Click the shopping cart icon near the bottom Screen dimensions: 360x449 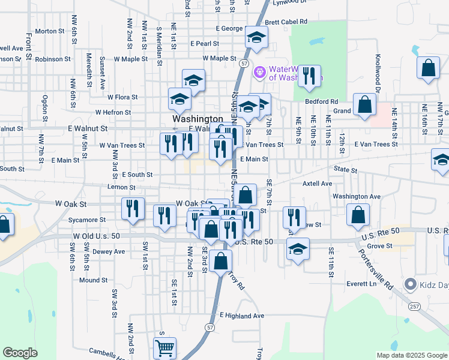(164, 347)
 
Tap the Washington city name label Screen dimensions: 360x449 (198, 119)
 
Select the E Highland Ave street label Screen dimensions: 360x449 (242, 316)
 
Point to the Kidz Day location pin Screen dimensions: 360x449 (411, 283)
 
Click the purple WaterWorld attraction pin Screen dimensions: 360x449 (259, 72)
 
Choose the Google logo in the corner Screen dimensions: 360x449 (20, 353)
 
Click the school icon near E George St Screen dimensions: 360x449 (256, 38)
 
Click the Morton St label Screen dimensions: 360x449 (50, 31)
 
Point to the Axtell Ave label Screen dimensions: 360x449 (318, 183)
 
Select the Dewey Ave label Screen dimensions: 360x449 (110, 251)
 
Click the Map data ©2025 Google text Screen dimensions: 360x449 (411, 355)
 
